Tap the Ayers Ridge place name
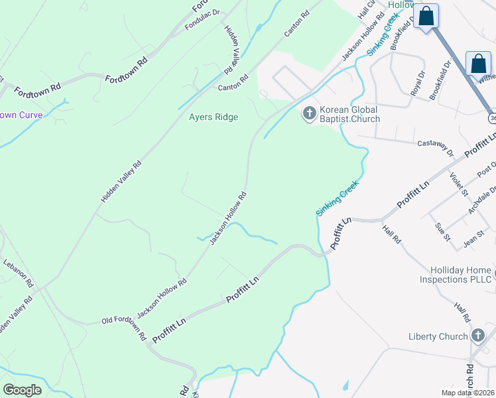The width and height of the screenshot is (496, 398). [214, 117]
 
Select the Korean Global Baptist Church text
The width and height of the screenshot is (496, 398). [349, 114]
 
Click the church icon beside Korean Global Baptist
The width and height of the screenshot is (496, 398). [309, 114]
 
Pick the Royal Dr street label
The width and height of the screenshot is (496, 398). [417, 84]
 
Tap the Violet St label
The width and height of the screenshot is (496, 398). [459, 184]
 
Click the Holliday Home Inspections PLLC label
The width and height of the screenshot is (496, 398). [456, 275]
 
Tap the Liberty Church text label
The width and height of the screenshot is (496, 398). [438, 336]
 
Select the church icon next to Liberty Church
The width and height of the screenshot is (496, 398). [479, 336]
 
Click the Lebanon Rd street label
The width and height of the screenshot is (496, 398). [18, 273]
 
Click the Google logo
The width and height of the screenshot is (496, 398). [22, 389]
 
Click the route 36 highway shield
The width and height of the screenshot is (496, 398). [493, 117]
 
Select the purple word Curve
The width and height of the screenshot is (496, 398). [31, 115]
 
